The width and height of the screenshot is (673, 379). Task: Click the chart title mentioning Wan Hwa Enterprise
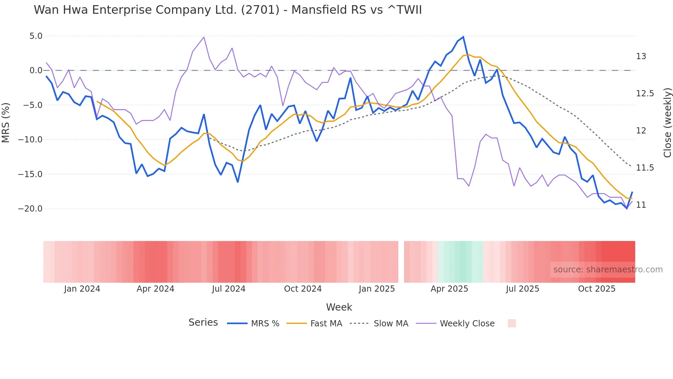coord(228,10)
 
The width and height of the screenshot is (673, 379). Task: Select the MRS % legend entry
coord(265,324)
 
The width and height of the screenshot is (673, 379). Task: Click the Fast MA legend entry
coord(326,324)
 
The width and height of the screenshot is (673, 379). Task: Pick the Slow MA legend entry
coord(391,324)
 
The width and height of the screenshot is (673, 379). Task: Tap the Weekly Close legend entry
coord(467,324)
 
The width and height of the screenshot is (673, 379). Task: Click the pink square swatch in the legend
coord(512,323)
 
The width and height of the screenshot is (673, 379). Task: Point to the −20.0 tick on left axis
coord(30,209)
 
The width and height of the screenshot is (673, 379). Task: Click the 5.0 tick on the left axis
coord(36,36)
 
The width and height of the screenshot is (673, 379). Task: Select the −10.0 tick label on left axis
coord(30,140)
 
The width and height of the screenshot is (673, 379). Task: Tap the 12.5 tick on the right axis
coord(645,94)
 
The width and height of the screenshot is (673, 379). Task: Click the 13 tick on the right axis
coord(641,56)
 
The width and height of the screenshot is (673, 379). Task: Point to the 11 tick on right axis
coord(641,205)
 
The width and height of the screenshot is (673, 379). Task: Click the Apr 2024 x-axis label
coord(155,289)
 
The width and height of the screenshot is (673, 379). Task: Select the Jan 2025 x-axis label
coord(377,289)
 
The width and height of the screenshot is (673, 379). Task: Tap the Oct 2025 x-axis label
coord(596,289)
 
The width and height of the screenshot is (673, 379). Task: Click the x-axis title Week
coord(339,307)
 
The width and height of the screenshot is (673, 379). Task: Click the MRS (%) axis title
coord(6,122)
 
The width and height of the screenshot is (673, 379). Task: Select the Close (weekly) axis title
coord(667,122)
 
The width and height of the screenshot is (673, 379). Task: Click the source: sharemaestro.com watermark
coord(608,270)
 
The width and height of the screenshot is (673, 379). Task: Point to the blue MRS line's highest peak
coord(463,37)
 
